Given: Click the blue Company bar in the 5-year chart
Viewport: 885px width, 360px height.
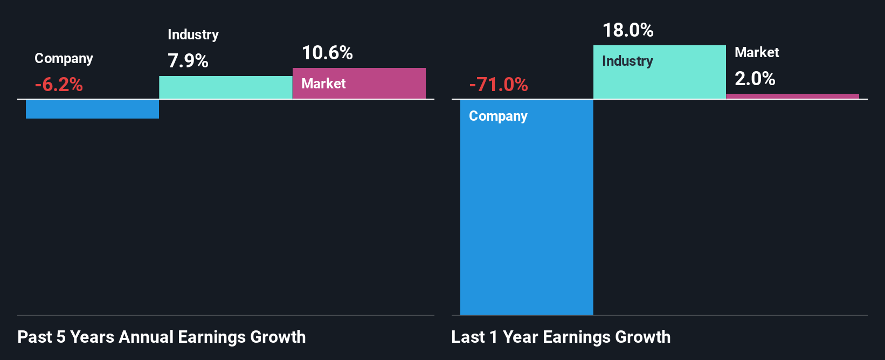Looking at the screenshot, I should point(92,109).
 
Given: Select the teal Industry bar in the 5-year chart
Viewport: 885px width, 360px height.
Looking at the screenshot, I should point(225,87).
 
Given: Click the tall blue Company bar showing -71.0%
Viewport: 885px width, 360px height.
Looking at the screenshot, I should point(526,216).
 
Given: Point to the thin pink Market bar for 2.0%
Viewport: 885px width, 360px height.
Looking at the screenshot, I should point(792,96).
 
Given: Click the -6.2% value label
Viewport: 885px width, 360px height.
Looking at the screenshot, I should point(59,85).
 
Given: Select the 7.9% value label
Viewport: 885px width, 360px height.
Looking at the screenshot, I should point(188,61).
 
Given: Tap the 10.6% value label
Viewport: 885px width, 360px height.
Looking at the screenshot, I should point(327,53).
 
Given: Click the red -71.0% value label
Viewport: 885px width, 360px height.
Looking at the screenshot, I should point(499,85).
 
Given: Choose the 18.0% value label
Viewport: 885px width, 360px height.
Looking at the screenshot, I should point(628,30).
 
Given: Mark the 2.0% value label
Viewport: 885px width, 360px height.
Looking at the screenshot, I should point(755,79).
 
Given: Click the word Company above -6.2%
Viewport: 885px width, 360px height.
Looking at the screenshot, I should point(64,58).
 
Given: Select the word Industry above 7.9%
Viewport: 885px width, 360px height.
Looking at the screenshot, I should point(193,34).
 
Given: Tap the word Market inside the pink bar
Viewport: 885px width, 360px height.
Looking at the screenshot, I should point(323,84).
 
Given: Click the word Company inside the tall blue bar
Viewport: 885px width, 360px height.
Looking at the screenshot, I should point(498,116).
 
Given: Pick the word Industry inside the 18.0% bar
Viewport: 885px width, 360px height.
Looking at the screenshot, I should point(627,61).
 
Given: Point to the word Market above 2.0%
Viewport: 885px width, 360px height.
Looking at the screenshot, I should point(757,52).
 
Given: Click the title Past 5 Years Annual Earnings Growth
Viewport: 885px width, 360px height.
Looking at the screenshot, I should point(162,337).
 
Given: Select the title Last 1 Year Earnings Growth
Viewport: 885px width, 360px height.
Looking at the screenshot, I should point(561,337).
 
